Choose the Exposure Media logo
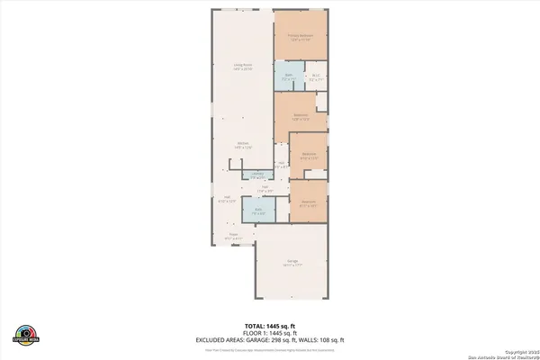click(x=28, y=332)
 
